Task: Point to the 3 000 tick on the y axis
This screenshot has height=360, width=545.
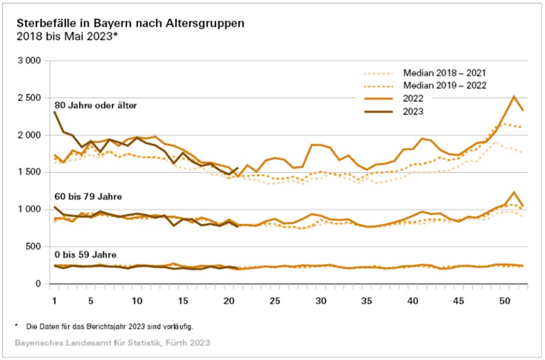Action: tap(29, 61)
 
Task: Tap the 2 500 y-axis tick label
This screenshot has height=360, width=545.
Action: tap(29, 98)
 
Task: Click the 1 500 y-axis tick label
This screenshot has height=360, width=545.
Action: tap(29, 172)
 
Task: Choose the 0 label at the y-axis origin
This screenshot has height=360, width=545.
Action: tap(38, 284)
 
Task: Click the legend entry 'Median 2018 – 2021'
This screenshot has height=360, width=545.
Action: tap(444, 73)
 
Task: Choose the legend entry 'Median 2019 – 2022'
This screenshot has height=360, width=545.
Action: tap(444, 86)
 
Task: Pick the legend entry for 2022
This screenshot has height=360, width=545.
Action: tap(413, 99)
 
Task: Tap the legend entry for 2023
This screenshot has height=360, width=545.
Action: tap(413, 112)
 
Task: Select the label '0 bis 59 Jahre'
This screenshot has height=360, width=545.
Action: tap(82, 254)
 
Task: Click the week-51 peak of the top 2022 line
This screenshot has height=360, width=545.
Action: tap(514, 96)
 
